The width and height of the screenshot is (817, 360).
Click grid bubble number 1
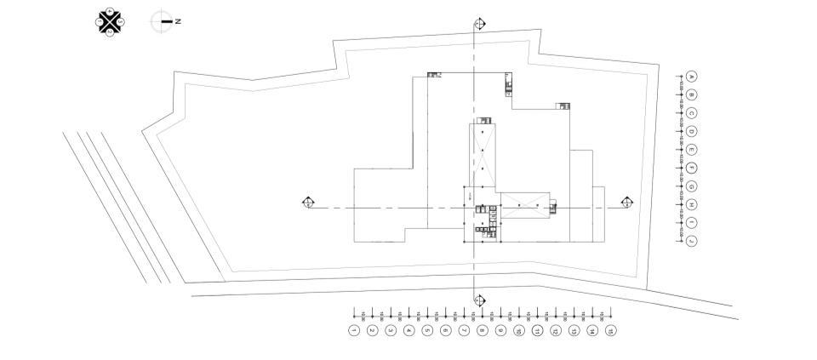coord(354,330)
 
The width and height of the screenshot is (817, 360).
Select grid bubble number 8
coord(483,330)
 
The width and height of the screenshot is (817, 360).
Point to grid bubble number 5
coord(427,330)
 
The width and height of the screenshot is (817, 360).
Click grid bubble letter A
coord(693,77)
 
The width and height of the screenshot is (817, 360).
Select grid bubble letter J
coord(693,241)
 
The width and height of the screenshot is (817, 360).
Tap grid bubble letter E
coord(693,150)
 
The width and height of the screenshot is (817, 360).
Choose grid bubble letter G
coord(693,186)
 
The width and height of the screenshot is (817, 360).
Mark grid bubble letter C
coord(693,113)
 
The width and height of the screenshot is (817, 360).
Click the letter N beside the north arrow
coord(178,21)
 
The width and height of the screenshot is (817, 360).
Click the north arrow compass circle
coord(161,21)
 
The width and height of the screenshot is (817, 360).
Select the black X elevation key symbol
coord(110,21)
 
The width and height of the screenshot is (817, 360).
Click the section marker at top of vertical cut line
coord(480,24)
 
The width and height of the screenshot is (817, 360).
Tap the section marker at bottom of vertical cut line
coord(479,300)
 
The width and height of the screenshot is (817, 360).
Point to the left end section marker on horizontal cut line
coord(308,203)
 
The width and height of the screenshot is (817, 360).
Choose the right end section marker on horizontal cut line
coord(627,202)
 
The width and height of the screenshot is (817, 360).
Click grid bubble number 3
coord(391,330)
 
